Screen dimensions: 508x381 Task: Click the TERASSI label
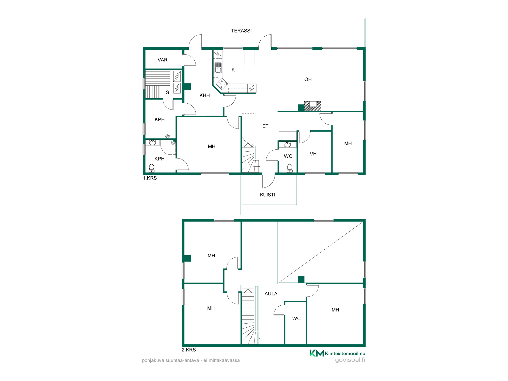coord(241,31)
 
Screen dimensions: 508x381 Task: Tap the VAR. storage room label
coord(163,60)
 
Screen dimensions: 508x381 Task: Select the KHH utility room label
coord(204,96)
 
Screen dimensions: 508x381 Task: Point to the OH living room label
coord(308,80)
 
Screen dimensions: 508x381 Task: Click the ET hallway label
coord(265,126)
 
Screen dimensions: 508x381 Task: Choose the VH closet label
coord(313,154)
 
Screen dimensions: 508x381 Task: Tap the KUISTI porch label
coord(267,195)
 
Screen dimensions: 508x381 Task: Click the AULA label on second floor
coord(271,294)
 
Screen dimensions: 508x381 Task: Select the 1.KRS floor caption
coord(150,178)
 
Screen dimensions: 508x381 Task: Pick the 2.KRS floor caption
coord(189,350)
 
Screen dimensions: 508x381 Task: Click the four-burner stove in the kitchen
coord(222,84)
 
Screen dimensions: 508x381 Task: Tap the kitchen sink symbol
coord(218,68)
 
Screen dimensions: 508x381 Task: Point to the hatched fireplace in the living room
coord(313,106)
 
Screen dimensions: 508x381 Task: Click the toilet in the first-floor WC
coord(290,168)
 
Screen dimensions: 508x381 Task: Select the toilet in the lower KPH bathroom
coord(152,168)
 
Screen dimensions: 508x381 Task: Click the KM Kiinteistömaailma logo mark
coord(317,353)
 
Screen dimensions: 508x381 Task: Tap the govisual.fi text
coord(350,360)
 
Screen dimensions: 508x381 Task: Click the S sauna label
coord(167,92)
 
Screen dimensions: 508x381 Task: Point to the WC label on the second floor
coord(296,319)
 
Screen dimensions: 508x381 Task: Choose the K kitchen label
coord(233,70)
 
